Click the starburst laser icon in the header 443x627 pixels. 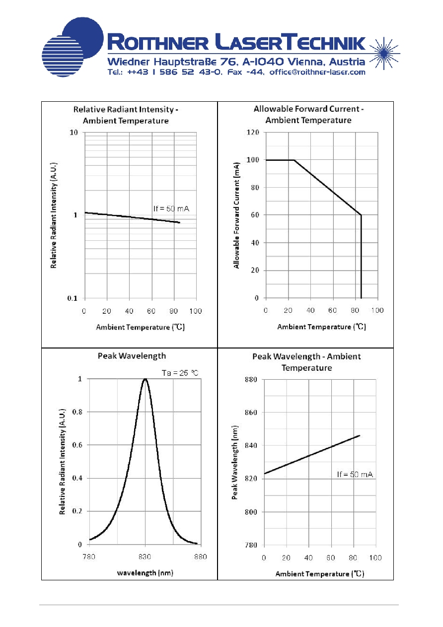384,53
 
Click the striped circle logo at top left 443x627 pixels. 63,56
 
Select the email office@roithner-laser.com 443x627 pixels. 317,72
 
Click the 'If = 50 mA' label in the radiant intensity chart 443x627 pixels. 171,209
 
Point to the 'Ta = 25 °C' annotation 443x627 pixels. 180,373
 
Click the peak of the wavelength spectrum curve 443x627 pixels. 145,379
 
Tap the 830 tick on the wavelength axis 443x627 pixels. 145,557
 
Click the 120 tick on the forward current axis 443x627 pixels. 253,132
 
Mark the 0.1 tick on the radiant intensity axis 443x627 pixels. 72,298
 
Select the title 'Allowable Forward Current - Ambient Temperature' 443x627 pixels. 308,115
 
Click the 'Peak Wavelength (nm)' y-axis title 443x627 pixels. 235,463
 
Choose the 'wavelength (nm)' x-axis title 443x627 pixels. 145,573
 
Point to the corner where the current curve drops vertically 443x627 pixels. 361,215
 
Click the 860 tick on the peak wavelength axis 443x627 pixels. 251,413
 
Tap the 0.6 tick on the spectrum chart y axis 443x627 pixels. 77,445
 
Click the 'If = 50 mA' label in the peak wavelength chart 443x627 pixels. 355,474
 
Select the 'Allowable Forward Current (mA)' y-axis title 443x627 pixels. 236,215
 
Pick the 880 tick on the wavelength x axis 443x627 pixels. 201,557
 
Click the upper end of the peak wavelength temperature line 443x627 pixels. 360,435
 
